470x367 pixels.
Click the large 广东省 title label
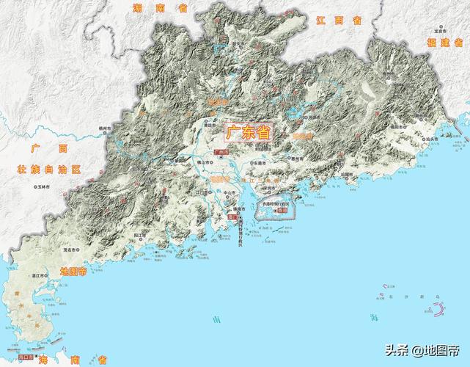point(246,133)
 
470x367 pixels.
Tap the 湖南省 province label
point(161,8)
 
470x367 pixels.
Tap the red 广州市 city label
point(221,153)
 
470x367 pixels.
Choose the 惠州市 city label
point(277,157)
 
